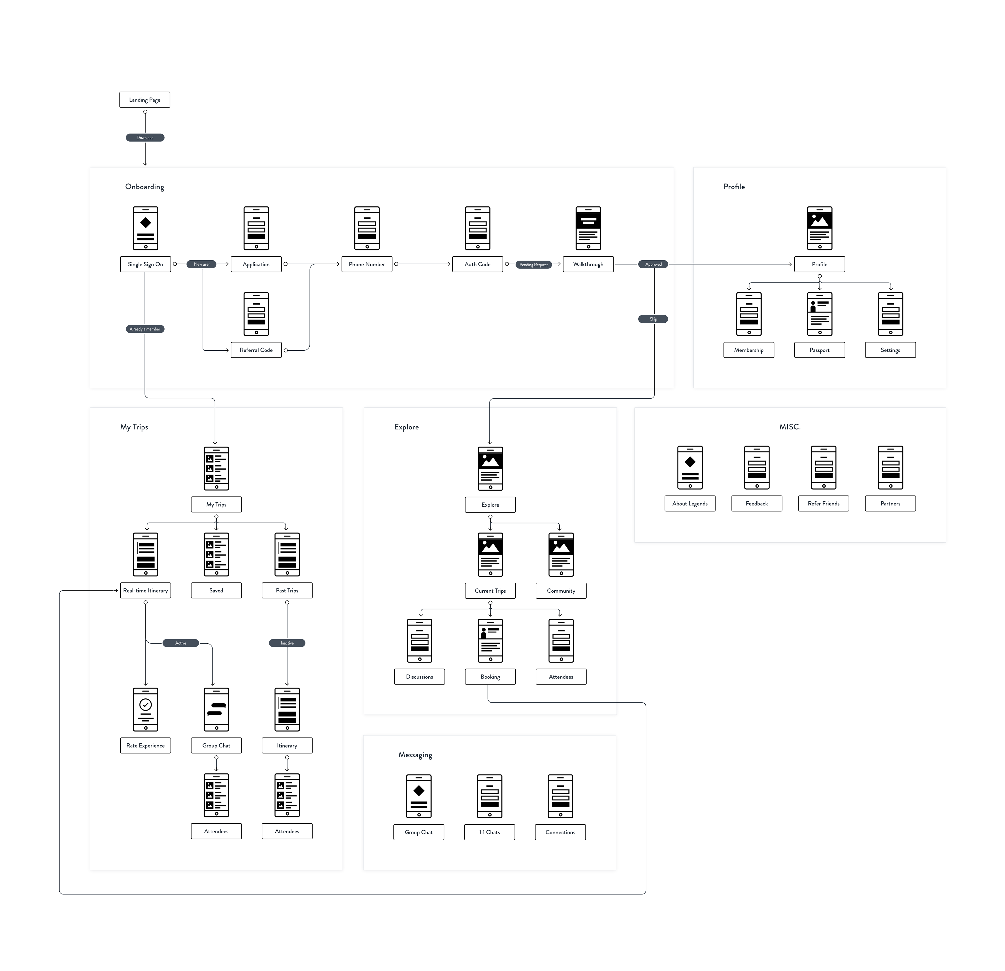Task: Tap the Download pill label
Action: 145,137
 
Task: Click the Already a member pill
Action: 145,329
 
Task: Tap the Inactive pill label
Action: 287,643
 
